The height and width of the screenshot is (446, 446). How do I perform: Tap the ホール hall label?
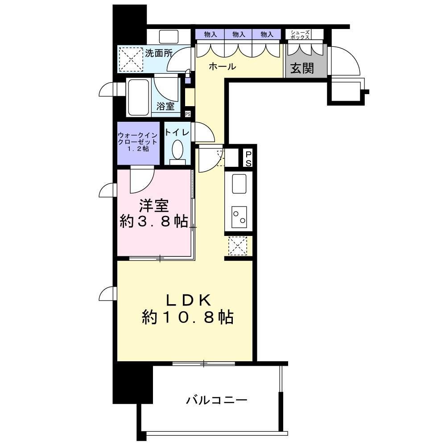tap(222, 67)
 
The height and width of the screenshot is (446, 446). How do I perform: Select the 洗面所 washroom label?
tap(159, 53)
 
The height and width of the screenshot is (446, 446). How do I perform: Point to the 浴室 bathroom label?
tap(165, 107)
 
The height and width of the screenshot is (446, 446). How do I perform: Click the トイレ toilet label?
tap(177, 132)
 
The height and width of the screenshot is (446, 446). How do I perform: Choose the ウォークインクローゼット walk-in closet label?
tap(138, 141)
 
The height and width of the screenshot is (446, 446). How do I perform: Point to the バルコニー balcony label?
tap(216, 400)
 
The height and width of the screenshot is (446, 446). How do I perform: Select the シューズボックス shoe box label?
tap(300, 35)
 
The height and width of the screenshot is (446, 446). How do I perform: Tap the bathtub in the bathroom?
tap(139, 97)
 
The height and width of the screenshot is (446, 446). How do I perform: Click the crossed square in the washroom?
tap(130, 59)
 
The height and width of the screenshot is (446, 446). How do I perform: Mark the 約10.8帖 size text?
tap(187, 317)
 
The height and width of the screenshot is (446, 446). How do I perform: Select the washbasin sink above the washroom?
tap(168, 36)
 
